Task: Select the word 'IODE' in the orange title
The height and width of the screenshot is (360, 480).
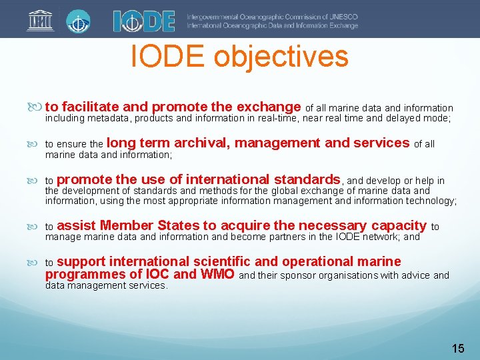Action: pos(169,57)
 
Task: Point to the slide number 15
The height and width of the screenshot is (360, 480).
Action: pos(458,348)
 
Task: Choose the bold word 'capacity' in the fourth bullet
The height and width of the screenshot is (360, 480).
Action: pos(398,225)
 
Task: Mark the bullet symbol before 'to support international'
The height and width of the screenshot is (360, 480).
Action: pos(36,262)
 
